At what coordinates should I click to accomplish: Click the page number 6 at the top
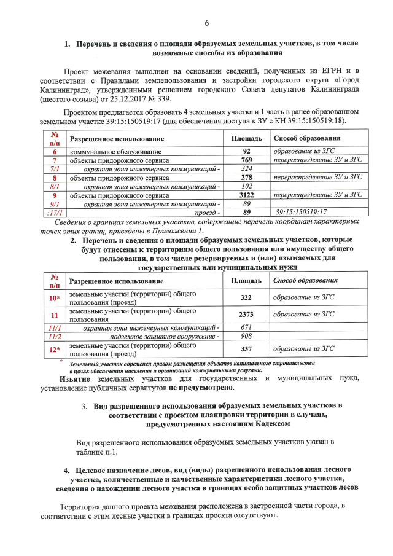206,23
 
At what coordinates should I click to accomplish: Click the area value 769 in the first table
247,160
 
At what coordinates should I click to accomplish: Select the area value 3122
247,195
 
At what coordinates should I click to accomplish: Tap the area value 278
247,177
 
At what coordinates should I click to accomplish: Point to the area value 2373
247,315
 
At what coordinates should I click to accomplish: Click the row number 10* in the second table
55,297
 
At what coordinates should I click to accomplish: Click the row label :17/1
55,212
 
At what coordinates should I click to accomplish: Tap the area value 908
247,336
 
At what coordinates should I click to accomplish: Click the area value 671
247,327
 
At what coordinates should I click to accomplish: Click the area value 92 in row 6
247,151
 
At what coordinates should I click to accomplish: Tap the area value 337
247,349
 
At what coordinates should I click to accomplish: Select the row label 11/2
55,336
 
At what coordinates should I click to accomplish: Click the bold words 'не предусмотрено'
202,388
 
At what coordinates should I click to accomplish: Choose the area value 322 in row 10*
247,297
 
